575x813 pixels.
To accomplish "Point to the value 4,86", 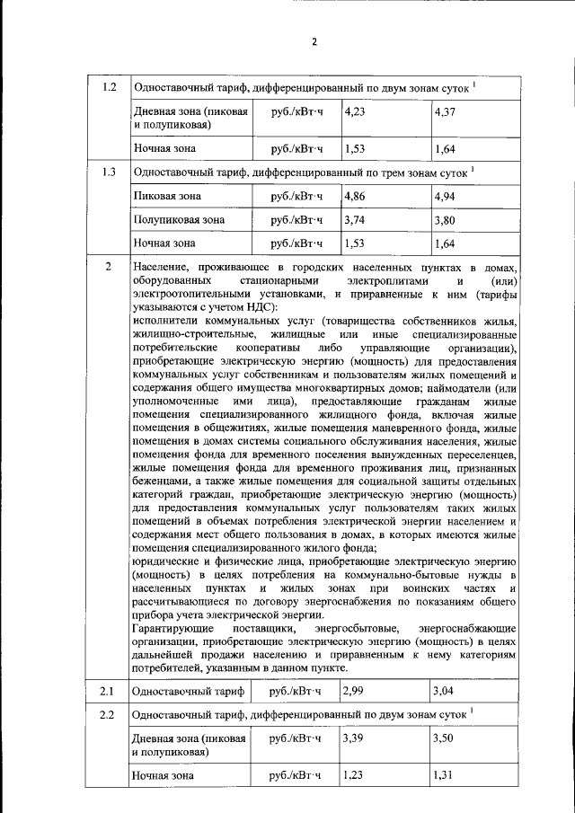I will coord(355,195).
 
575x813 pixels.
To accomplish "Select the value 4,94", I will coord(445,195).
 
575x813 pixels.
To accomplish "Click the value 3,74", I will coord(355,218).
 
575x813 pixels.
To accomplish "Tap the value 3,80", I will coord(445,218).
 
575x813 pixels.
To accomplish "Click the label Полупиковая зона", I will coord(179,218).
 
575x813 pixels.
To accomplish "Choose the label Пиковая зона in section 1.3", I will coord(167,195).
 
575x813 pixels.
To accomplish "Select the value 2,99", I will coord(355,691).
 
